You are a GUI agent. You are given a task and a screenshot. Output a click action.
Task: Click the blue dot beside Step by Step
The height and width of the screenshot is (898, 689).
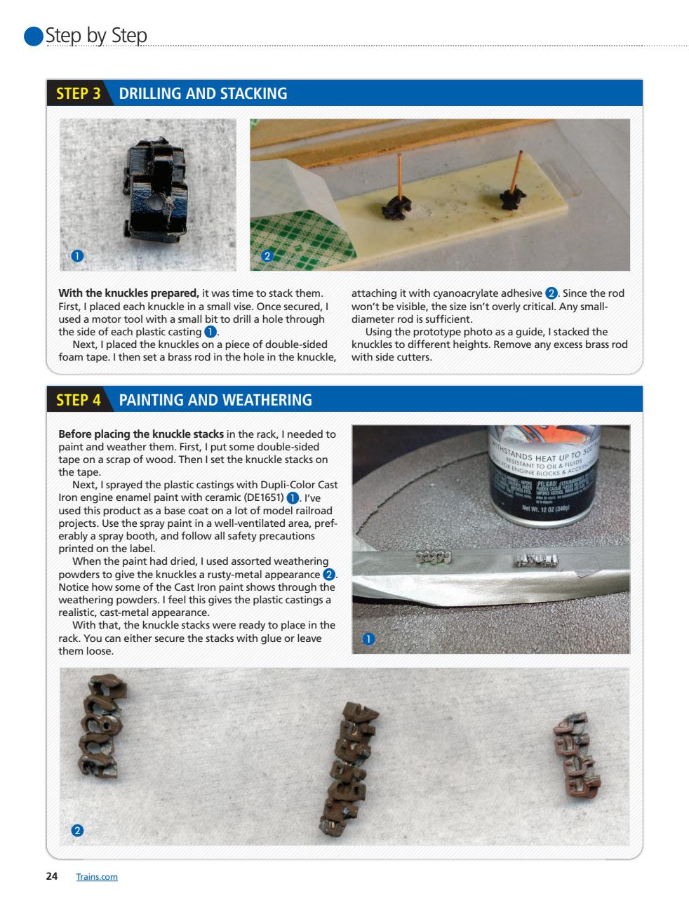(34, 36)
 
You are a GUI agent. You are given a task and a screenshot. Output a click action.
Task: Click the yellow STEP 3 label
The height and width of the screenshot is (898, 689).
(78, 93)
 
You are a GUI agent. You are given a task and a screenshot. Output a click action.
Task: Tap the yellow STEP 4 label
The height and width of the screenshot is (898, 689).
(78, 400)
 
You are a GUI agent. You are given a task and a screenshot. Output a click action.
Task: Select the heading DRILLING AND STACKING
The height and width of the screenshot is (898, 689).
(203, 93)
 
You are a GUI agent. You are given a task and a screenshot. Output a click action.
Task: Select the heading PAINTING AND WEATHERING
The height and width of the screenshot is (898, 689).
(215, 400)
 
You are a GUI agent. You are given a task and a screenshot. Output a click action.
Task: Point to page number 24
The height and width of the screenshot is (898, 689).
(52, 876)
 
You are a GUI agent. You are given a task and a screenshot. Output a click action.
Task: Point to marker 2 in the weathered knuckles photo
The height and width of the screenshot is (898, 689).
(77, 831)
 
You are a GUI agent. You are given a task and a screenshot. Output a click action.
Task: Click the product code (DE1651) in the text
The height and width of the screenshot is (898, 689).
(260, 498)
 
